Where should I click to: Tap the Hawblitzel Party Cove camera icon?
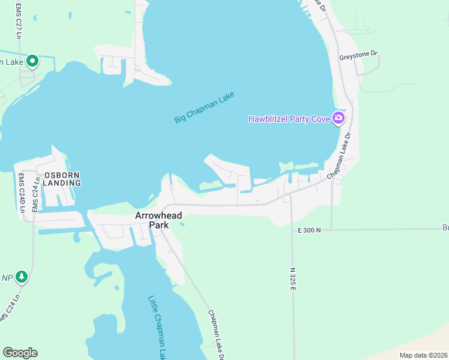click(339, 118)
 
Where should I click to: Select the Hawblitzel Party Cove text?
click(289, 119)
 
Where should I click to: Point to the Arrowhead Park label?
click(158, 220)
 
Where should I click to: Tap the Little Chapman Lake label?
click(158, 327)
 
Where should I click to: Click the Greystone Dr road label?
click(358, 55)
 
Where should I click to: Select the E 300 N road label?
click(309, 230)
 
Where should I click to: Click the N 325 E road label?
click(294, 280)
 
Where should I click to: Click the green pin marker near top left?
click(32, 61)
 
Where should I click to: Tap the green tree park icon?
click(22, 277)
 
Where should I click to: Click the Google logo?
click(20, 352)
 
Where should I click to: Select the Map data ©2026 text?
click(423, 355)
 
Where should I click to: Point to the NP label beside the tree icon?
click(7, 277)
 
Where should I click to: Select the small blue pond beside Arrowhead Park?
click(181, 224)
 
